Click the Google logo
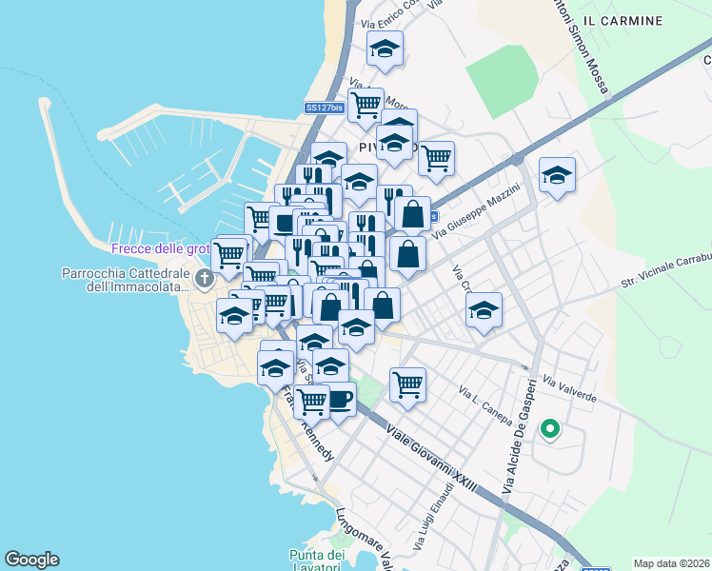[x=31, y=560]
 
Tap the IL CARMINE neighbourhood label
[x=619, y=20]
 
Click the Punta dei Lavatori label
[x=315, y=561]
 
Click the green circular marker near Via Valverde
[x=549, y=429]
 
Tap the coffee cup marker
[x=339, y=399]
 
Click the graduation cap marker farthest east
[x=558, y=175]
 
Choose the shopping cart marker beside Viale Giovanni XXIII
[x=407, y=384]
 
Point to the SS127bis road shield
[x=324, y=108]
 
